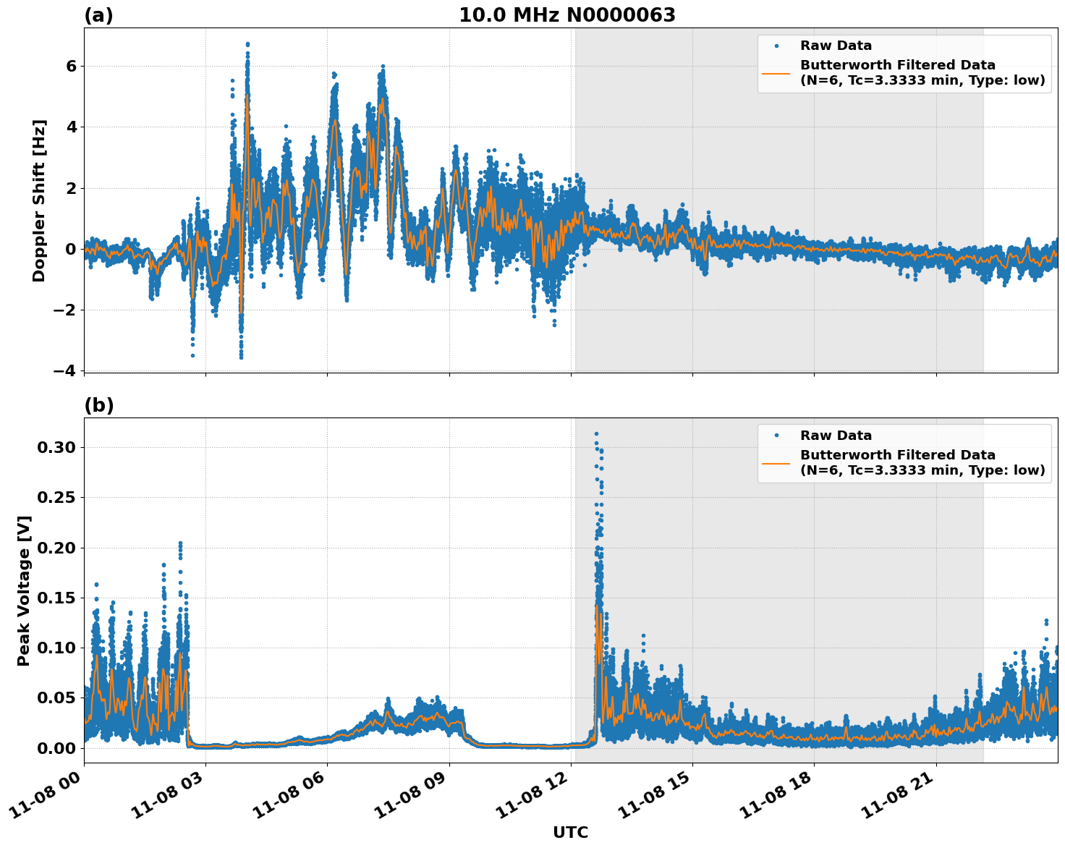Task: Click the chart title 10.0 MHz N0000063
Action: (567, 15)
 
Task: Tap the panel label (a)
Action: (98, 15)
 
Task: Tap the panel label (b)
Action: (99, 405)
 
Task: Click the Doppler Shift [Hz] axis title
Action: (39, 200)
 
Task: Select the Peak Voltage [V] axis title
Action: (24, 590)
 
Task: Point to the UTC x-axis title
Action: (570, 832)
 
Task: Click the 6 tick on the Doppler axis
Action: (71, 66)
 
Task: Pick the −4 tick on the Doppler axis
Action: (65, 370)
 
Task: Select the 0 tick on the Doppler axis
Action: (71, 249)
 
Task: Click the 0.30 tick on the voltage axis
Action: (56, 447)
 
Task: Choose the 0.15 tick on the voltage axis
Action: (56, 598)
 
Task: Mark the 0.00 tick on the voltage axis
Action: (56, 747)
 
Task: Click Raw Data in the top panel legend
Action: (836, 46)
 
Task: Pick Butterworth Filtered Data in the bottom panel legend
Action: (897, 455)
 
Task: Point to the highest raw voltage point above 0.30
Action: (596, 433)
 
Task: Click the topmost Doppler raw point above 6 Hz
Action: (247, 44)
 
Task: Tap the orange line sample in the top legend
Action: (776, 72)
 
